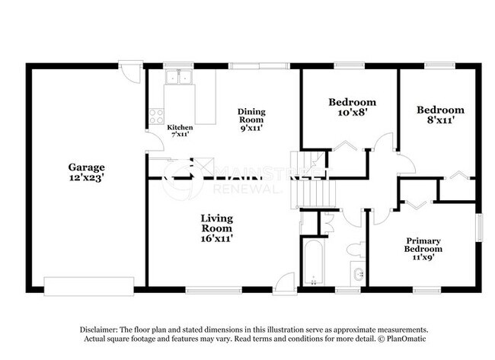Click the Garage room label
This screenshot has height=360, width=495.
(86, 167)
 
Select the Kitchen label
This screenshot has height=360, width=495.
(180, 127)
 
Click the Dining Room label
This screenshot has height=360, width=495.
(251, 114)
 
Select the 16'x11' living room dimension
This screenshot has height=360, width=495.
(217, 238)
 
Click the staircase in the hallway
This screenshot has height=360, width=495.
(302, 183)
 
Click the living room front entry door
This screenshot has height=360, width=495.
(285, 281)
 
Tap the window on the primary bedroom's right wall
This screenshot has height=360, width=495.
(480, 228)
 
